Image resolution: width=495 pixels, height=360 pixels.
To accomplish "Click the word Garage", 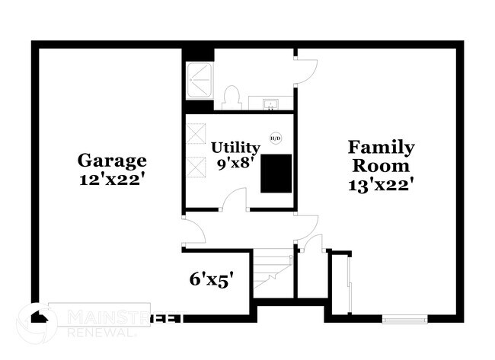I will (x=112, y=161).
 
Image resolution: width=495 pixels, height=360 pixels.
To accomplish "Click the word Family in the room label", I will (x=381, y=147).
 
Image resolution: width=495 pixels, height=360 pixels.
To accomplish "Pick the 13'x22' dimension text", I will (x=381, y=183).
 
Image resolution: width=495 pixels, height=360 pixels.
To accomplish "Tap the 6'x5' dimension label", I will (x=211, y=279).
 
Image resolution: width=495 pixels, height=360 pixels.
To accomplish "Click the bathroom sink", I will (x=271, y=103).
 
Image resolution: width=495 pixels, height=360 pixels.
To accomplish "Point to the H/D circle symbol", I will (x=276, y=138).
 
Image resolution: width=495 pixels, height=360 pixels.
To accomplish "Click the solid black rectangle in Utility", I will (x=276, y=173).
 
